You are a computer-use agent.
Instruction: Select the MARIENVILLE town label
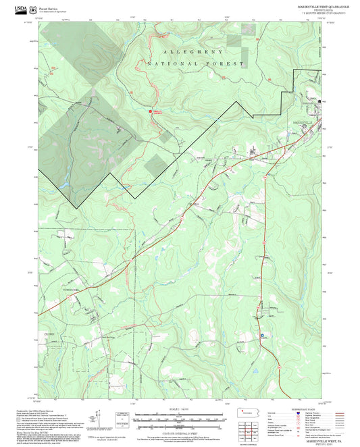coord(303,122)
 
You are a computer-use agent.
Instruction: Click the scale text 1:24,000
coord(178,409)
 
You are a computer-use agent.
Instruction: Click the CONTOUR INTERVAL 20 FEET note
coord(178,429)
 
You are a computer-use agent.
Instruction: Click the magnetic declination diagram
coord(101,422)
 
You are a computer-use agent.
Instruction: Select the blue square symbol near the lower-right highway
coord(262,334)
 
